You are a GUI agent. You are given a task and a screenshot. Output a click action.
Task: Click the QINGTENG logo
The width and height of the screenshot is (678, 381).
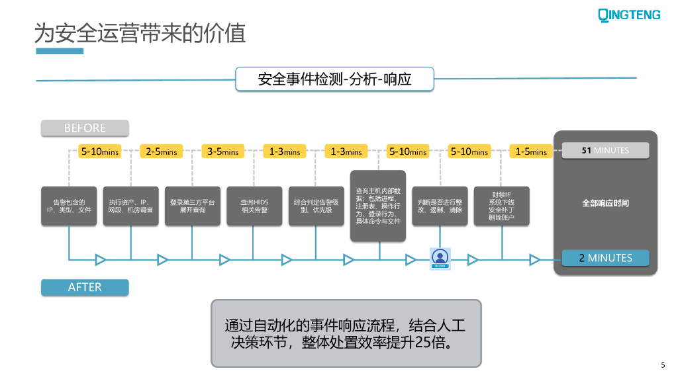click(x=629, y=15)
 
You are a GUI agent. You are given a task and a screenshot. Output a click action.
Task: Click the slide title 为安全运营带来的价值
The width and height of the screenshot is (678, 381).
click(x=140, y=32)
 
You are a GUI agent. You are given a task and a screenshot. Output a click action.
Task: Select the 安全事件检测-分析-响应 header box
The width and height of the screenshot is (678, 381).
click(x=334, y=79)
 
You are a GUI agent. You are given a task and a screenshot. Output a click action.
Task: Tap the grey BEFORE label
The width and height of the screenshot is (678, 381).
click(x=85, y=128)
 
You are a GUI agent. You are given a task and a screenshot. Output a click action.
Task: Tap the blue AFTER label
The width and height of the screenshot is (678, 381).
click(x=85, y=287)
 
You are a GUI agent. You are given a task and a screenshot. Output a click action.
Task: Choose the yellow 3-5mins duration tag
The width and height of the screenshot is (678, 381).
click(x=223, y=151)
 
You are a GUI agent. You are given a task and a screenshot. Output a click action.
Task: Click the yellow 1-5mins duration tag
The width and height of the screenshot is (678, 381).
click(x=531, y=151)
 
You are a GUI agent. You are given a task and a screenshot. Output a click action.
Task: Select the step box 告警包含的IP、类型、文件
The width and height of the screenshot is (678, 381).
click(x=69, y=206)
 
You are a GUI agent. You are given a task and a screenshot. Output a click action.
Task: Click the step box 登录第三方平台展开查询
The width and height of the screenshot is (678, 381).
click(x=192, y=206)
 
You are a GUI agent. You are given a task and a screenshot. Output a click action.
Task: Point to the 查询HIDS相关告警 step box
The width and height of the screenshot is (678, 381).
click(x=254, y=206)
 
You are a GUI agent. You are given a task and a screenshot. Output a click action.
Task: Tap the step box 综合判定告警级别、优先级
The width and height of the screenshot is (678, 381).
click(x=316, y=206)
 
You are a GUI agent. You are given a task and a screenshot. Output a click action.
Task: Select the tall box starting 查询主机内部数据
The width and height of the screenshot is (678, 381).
click(x=378, y=206)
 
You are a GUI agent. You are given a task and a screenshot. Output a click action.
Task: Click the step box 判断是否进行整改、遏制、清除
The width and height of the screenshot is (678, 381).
click(x=440, y=206)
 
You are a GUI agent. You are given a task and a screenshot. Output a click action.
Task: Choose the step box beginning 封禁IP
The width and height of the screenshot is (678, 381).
click(x=501, y=206)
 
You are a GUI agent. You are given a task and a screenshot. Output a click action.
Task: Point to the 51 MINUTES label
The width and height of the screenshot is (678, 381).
click(x=605, y=151)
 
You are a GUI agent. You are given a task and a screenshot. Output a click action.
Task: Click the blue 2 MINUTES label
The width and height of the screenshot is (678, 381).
click(x=605, y=258)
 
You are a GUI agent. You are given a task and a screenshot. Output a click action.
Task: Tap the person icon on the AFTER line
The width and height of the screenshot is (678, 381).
click(x=440, y=258)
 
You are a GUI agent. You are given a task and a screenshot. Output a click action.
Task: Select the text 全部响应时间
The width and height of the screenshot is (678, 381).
click(x=605, y=203)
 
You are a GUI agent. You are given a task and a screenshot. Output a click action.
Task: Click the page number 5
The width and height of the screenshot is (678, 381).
click(x=663, y=364)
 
